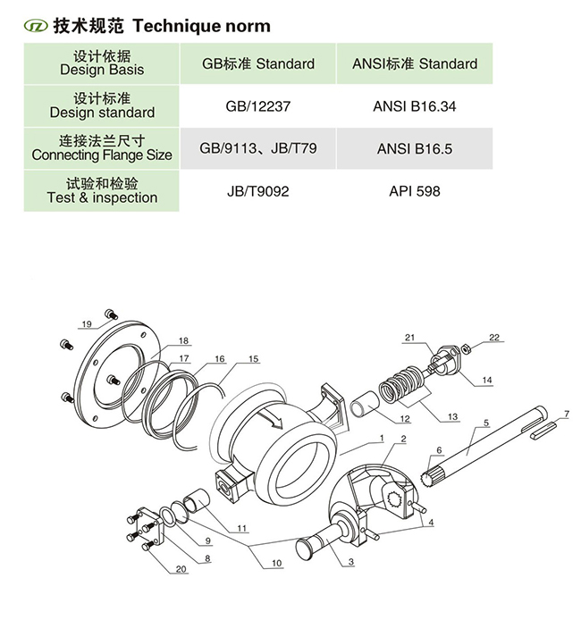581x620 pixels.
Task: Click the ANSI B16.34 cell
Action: click(x=415, y=106)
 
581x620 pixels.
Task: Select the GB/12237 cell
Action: click(x=258, y=106)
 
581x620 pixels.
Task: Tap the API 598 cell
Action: click(x=415, y=191)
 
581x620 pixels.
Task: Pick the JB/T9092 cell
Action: click(x=258, y=191)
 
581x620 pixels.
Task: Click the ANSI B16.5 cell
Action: click(x=415, y=148)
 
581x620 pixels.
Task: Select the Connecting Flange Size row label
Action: click(x=102, y=148)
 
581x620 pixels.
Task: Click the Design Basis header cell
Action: click(x=102, y=63)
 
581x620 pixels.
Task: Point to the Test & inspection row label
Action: click(x=102, y=191)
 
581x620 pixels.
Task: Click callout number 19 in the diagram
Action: click(x=87, y=323)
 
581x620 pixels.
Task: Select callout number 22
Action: click(x=494, y=337)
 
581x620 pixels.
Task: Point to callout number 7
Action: click(x=565, y=414)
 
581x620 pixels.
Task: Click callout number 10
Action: click(x=275, y=564)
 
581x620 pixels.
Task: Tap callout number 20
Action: click(x=181, y=569)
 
